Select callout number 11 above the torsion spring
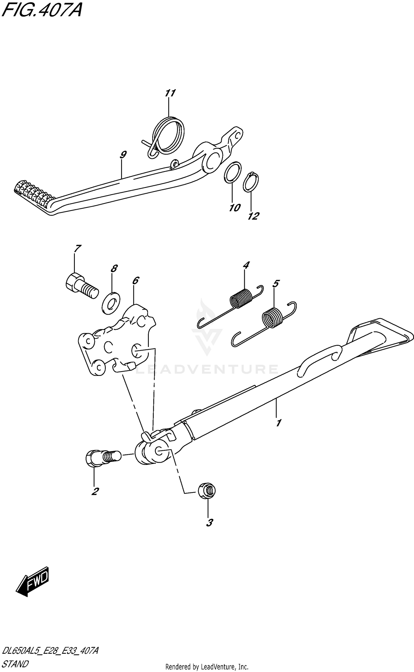170,93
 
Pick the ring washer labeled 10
232,172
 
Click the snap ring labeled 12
251,182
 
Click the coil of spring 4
241,298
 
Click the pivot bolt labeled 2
104,457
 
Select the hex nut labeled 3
207,491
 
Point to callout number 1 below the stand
278,422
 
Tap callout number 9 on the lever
123,155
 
